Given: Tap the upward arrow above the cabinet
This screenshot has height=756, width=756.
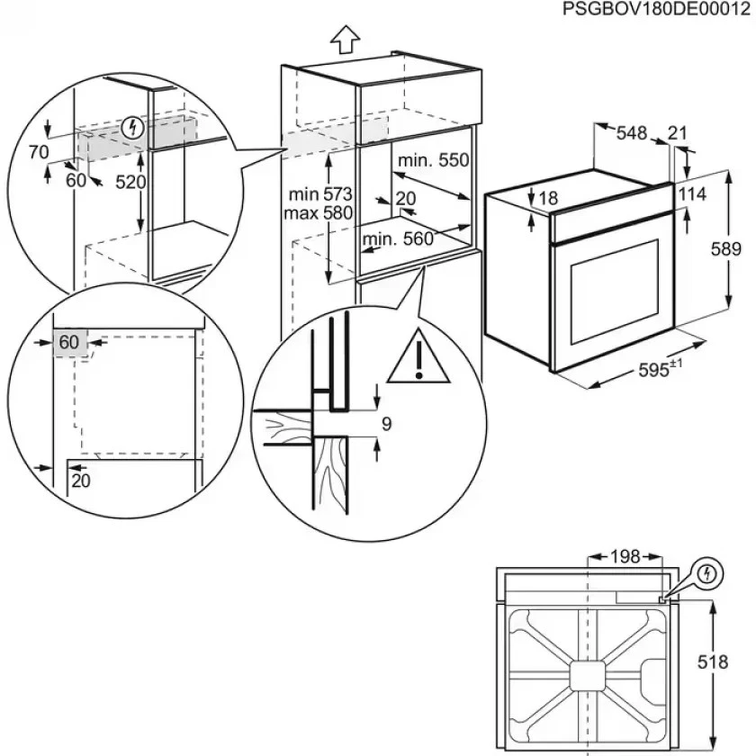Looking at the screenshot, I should [x=344, y=39].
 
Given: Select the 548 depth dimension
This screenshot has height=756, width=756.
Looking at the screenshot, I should [x=632, y=133].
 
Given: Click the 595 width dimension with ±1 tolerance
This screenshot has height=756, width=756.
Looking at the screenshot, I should [x=661, y=369].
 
